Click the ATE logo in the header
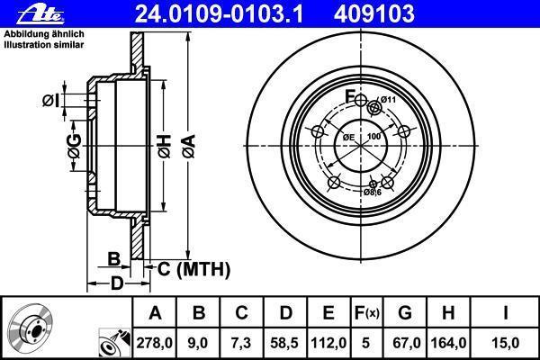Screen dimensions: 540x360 click(x=40, y=14)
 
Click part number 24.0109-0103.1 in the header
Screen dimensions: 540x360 click(x=219, y=13)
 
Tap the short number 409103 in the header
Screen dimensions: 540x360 click(x=374, y=13)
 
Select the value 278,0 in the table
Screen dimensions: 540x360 click(x=154, y=343)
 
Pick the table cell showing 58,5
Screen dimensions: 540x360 click(x=284, y=343)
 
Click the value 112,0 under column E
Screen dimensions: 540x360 click(x=328, y=343)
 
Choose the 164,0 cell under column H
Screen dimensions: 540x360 click(x=448, y=343)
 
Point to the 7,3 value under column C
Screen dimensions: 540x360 click(x=241, y=343)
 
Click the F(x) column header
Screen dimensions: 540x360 click(x=366, y=313)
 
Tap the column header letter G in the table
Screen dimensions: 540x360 click(x=405, y=313)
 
